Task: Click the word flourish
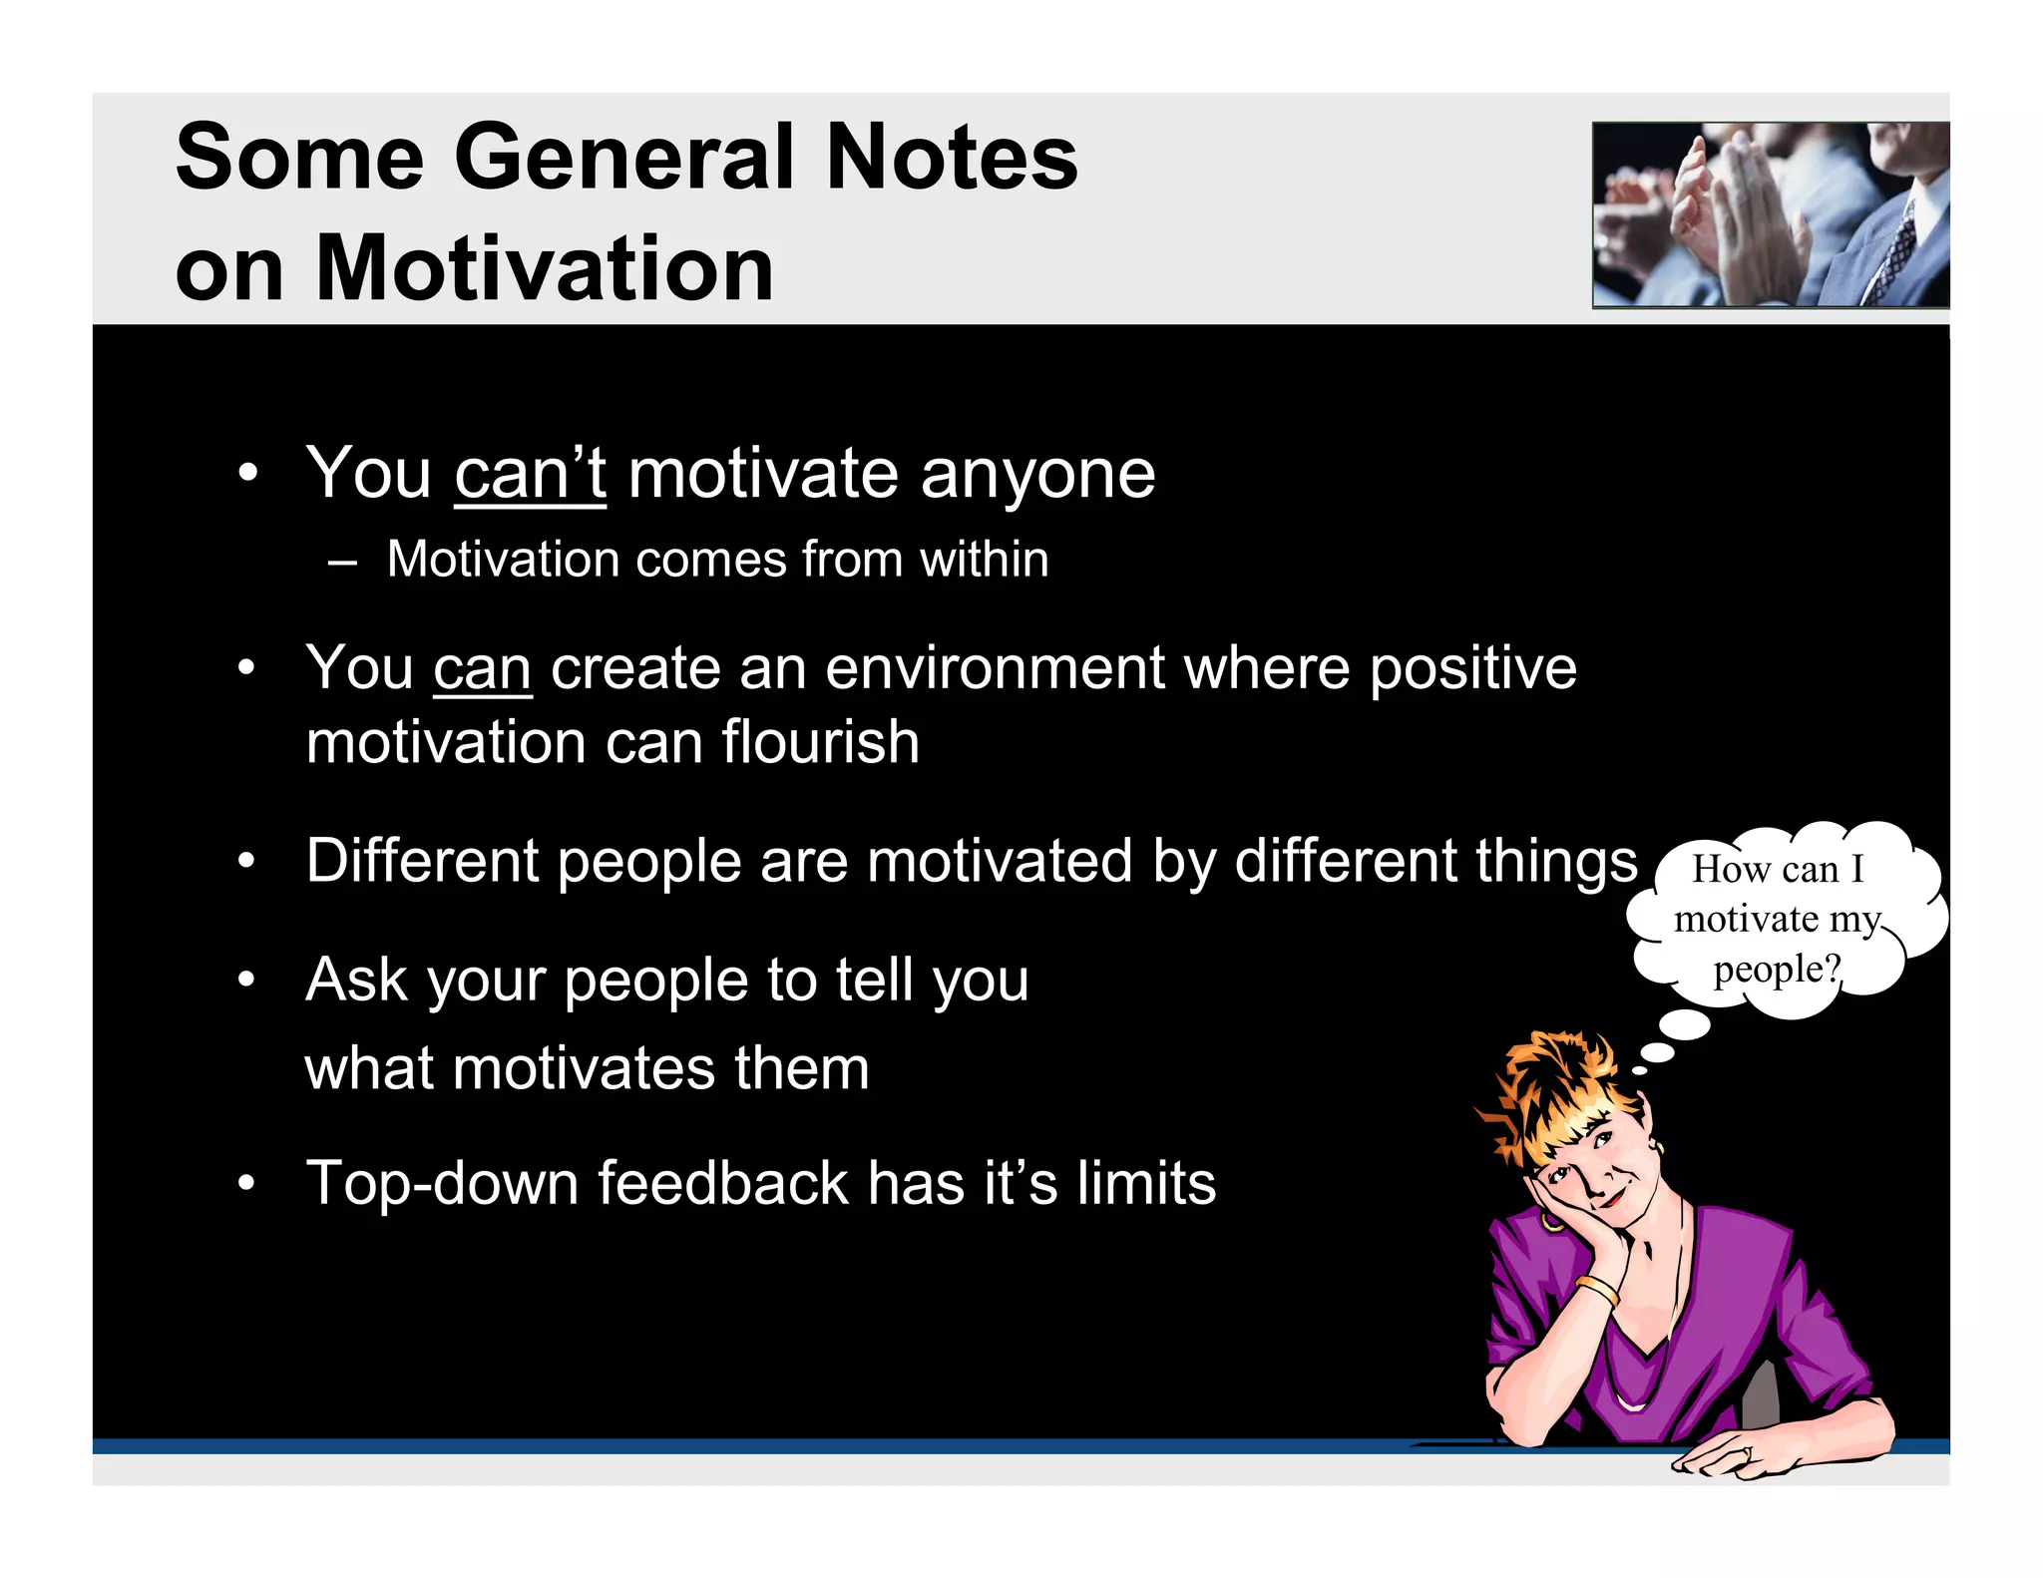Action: click(x=820, y=742)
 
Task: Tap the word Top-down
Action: click(x=442, y=1183)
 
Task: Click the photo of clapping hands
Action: click(x=1770, y=214)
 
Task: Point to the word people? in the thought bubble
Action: click(x=1777, y=969)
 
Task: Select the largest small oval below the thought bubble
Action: click(x=1684, y=1024)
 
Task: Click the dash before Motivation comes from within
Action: click(x=342, y=561)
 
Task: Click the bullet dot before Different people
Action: click(x=247, y=860)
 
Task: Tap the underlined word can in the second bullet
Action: click(x=482, y=667)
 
